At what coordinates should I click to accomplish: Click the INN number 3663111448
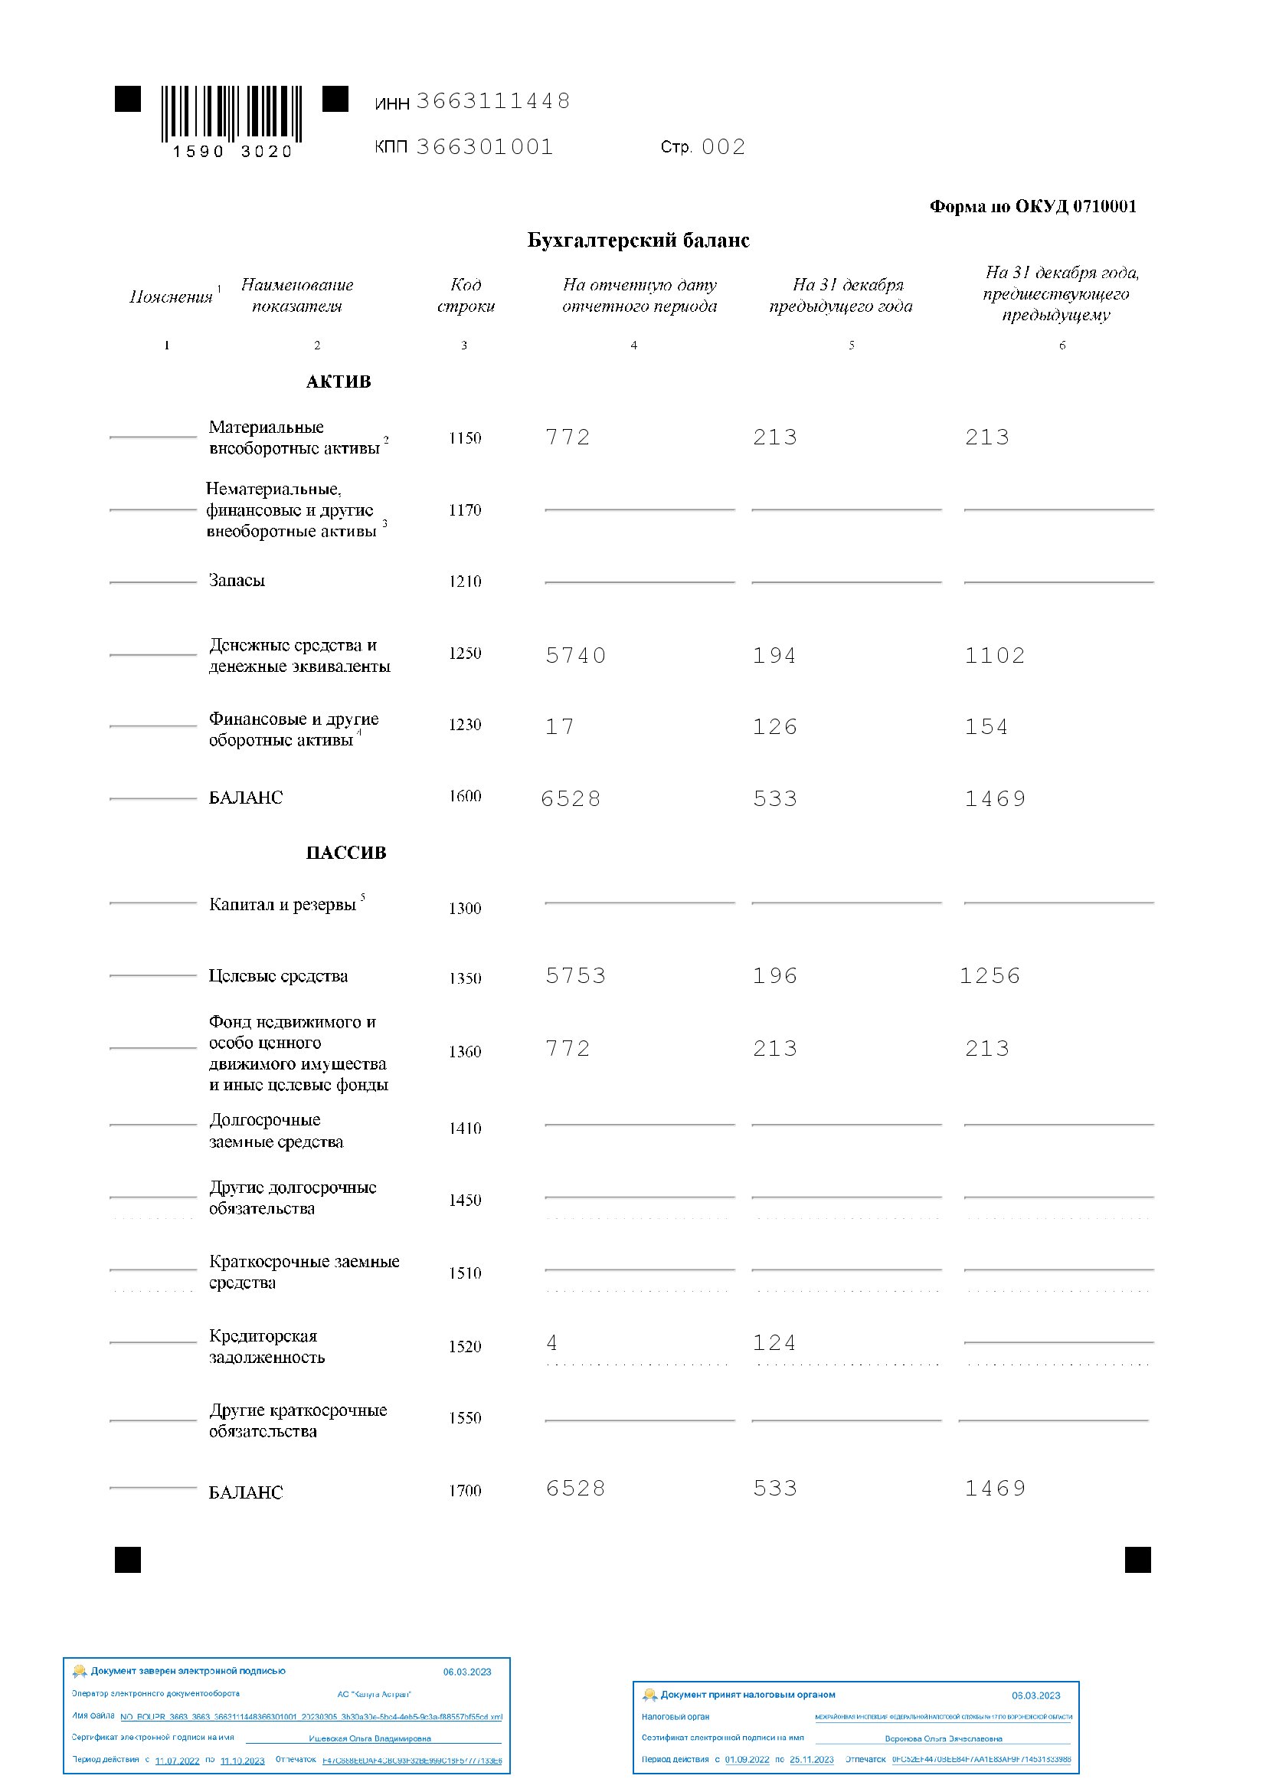pos(493,100)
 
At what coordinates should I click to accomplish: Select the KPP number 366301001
pos(484,147)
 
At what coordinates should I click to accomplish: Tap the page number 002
pos(723,147)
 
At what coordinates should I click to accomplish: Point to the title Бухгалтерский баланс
pos(638,240)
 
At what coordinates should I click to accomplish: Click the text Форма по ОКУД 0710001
pos(1032,206)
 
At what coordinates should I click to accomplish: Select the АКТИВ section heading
pos(338,382)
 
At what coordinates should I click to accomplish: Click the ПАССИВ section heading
pos(345,852)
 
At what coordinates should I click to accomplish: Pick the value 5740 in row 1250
pos(576,655)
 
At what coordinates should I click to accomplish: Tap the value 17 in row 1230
pos(559,726)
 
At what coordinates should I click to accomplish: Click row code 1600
pos(465,796)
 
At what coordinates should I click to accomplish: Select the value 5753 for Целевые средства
pos(576,975)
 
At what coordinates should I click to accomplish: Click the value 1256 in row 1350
pos(990,975)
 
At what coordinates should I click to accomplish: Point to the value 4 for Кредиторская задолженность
pos(552,1342)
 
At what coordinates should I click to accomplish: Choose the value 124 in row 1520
pos(774,1342)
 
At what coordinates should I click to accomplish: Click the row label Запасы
pos(237,580)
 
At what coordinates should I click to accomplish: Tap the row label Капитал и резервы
pos(283,904)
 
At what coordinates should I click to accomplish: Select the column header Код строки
pos(466,295)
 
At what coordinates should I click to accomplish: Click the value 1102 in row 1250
pos(995,655)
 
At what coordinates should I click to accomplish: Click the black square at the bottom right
pos(1137,1560)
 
